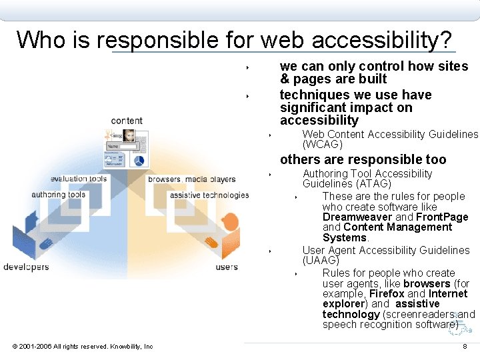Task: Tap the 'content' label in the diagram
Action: pyautogui.click(x=127, y=121)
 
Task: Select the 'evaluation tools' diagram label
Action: pyautogui.click(x=79, y=179)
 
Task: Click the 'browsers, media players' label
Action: pyautogui.click(x=192, y=179)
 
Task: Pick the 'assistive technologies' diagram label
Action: pyautogui.click(x=209, y=195)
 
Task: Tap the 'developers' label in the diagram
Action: pyautogui.click(x=26, y=267)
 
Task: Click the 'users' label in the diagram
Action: pyautogui.click(x=227, y=267)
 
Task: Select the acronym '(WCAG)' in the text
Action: pyautogui.click(x=323, y=144)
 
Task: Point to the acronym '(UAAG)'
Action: pyautogui.click(x=321, y=260)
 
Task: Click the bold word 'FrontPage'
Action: pyautogui.click(x=442, y=217)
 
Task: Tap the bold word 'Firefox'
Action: pyautogui.click(x=387, y=293)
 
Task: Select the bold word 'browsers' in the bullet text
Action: pyautogui.click(x=427, y=283)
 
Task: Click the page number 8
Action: pyautogui.click(x=465, y=347)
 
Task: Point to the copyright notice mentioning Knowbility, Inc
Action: pyautogui.click(x=83, y=346)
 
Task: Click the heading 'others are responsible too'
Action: pyautogui.click(x=363, y=159)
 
